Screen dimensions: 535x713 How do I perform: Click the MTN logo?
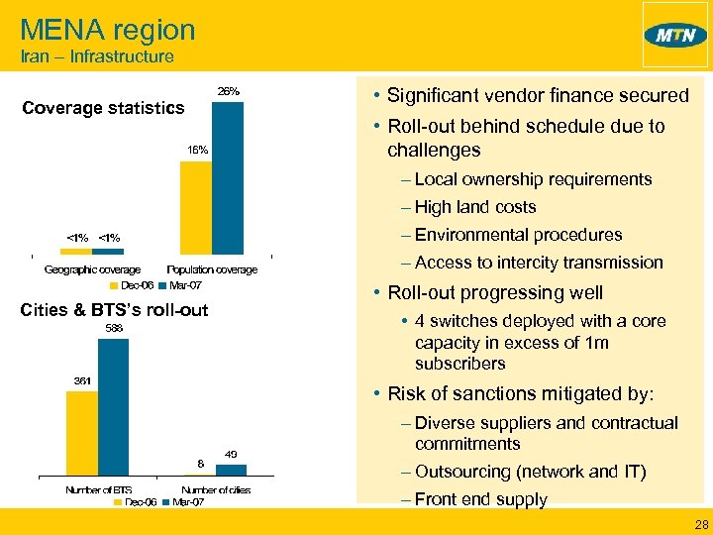click(675, 36)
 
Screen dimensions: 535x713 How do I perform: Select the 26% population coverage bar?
click(228, 178)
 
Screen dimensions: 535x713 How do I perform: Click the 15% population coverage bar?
click(195, 208)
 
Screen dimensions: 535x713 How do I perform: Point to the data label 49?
click(231, 454)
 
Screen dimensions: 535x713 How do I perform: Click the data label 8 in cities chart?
click(201, 463)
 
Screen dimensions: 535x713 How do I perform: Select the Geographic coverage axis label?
click(92, 269)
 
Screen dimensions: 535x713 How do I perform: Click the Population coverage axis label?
click(212, 269)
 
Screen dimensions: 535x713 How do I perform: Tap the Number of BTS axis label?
click(98, 489)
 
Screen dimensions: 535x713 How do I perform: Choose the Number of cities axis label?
click(216, 489)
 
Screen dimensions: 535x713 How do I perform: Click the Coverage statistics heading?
click(103, 107)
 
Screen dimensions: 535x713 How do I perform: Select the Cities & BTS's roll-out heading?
click(114, 310)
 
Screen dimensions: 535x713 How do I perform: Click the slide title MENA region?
click(107, 30)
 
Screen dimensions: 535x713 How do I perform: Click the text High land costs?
click(475, 207)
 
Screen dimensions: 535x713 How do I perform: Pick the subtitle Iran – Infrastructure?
click(97, 57)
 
